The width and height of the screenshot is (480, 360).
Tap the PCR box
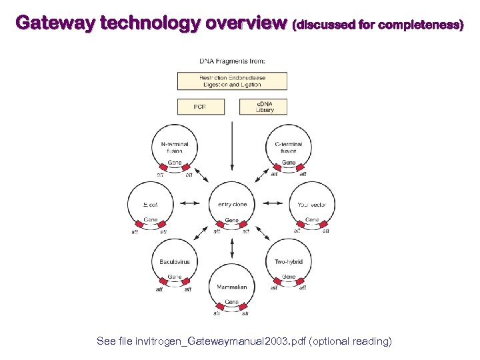[199, 107]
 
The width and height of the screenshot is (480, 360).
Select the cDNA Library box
[265, 107]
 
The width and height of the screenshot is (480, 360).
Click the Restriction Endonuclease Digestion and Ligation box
[232, 81]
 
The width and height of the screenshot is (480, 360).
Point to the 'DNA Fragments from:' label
[232, 61]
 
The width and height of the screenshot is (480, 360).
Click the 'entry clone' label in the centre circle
[232, 205]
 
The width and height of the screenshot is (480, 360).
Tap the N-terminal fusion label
[175, 147]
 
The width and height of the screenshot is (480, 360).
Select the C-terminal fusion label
[289, 147]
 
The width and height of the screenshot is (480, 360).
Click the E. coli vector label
[151, 205]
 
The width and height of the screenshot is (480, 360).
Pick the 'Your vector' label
[312, 205]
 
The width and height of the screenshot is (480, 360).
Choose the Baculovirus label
[175, 262]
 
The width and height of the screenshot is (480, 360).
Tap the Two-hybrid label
[289, 262]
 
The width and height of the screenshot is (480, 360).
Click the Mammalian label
[232, 287]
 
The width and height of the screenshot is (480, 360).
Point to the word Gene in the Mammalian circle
[232, 302]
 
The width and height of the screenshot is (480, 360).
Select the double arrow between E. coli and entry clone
[191, 203]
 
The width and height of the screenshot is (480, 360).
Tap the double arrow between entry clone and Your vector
[272, 203]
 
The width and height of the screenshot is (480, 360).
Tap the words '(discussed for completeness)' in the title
[378, 25]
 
